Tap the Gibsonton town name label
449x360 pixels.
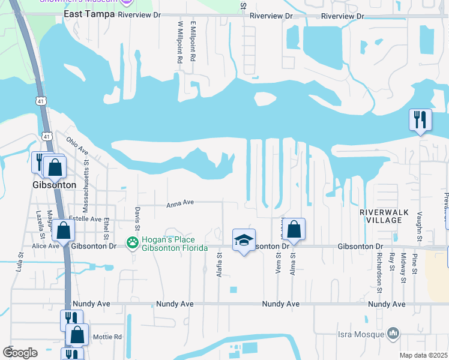[x=54, y=185]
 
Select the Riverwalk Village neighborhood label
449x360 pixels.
[x=380, y=216]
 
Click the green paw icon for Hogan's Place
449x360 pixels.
[x=131, y=242]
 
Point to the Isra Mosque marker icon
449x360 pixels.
[x=393, y=332]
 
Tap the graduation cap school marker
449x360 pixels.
[x=244, y=240]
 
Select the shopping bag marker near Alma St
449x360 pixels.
[x=294, y=229]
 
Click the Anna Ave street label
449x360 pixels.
[x=180, y=203]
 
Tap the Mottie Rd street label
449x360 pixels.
[x=108, y=337]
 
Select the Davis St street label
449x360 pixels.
[x=137, y=218]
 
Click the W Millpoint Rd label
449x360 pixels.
[x=179, y=43]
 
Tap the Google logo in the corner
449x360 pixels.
[x=20, y=352]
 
